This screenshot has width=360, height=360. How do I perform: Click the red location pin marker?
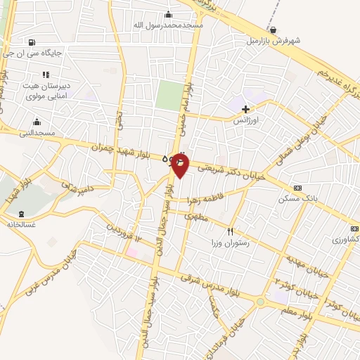180,163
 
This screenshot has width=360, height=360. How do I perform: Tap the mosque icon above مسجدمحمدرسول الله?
168,15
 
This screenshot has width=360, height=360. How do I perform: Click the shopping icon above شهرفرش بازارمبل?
273,30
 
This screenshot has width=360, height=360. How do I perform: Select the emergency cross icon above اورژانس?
245,109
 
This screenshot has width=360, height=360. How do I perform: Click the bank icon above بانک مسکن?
297,188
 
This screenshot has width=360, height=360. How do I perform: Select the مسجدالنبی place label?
35,131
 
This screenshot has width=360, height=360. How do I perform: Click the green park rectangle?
168,95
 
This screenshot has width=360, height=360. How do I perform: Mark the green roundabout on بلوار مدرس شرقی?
261,302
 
